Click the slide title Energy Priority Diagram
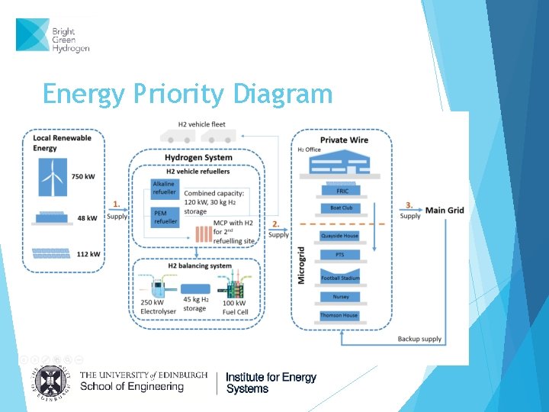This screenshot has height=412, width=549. tap(188, 94)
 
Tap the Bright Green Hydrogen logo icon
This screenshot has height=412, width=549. tap(33, 35)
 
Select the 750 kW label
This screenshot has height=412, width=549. tap(84, 176)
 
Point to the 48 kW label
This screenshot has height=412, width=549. tap(87, 218)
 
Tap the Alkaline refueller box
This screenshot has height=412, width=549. tap(164, 188)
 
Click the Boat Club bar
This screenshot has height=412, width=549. tap(341, 208)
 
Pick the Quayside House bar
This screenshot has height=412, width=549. tap(339, 236)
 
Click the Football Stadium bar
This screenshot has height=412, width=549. tap(339, 278)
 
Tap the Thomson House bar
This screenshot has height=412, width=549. tap(339, 315)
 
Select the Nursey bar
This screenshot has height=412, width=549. tap(340, 297)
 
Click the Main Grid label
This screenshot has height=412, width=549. tap(444, 211)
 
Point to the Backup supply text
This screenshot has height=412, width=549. tap(419, 339)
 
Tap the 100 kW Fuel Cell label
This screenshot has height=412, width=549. tap(233, 308)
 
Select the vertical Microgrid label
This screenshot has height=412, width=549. tap(301, 265)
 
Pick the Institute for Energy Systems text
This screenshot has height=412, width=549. tap(271, 383)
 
